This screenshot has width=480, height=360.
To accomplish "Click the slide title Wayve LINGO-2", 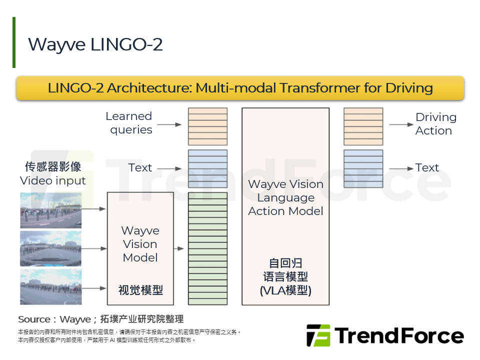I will (95, 44).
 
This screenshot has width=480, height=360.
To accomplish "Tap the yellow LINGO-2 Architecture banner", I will (240, 88).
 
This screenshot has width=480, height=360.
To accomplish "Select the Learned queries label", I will (129, 123).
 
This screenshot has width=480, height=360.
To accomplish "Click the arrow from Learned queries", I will (171, 124).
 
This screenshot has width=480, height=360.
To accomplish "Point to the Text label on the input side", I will (140, 167).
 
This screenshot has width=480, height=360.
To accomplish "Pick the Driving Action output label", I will (435, 124).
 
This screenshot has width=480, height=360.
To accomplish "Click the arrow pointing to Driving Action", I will (400, 124).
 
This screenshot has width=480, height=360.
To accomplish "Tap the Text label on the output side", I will (427, 167).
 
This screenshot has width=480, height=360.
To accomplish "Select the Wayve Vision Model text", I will (140, 244).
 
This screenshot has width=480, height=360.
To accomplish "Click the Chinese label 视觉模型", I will (140, 290).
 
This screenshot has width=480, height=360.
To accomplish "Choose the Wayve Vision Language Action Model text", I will (285, 197).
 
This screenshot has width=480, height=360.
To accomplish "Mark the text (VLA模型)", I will (285, 290).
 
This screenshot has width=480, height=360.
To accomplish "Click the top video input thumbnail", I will (50, 210).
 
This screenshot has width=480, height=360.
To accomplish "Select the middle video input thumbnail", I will (50, 248).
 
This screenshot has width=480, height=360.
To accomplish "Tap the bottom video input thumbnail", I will (50, 286).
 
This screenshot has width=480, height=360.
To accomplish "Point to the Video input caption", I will (53, 180).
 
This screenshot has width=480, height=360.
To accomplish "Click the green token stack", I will (207, 248).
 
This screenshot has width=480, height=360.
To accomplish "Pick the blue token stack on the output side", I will (363, 168).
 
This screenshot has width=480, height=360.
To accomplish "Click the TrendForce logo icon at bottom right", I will (318, 335).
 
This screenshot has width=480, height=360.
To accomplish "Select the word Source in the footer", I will (34, 319).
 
